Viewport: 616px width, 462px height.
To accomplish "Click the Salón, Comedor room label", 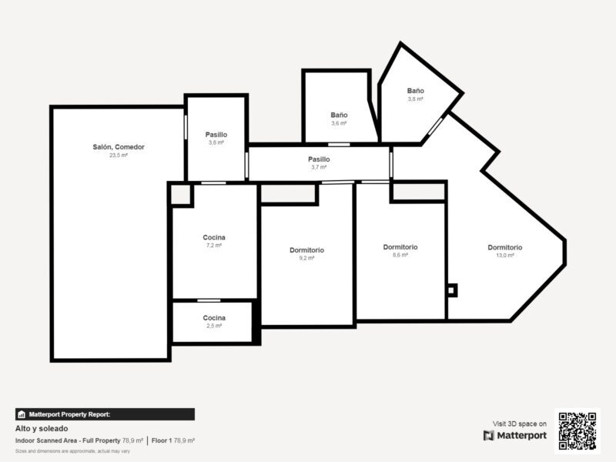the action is [x=119, y=147].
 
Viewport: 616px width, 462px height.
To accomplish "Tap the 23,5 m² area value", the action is [x=119, y=156].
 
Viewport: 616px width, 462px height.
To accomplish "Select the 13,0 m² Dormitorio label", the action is [x=505, y=247].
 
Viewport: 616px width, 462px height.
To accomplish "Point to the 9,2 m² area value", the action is [x=306, y=258].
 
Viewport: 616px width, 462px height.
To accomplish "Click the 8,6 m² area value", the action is [x=400, y=255].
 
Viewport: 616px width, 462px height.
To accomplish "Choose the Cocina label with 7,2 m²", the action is [x=214, y=237].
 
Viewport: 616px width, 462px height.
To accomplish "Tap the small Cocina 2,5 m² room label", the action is [x=214, y=318].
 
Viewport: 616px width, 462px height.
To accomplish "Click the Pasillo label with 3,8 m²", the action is [x=216, y=135].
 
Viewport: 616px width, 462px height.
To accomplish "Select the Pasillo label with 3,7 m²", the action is [x=319, y=159].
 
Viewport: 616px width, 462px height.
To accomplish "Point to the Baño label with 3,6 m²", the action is [x=339, y=115].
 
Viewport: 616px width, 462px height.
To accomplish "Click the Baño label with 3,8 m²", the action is [x=415, y=91].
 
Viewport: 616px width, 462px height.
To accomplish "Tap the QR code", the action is [x=577, y=431].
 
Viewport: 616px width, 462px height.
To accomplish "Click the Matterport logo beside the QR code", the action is [x=515, y=435].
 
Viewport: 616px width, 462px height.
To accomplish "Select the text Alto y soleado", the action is [x=42, y=428].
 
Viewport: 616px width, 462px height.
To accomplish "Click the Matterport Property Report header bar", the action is [x=105, y=414].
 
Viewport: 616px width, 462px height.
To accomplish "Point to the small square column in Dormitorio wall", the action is [x=451, y=290].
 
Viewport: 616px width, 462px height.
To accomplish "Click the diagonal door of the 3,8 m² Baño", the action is [x=435, y=126].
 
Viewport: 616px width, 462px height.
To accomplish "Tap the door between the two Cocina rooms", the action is [x=209, y=300].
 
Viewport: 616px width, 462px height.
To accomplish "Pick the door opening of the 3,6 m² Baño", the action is [x=339, y=145].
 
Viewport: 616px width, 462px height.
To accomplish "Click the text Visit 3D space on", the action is [x=520, y=423].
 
